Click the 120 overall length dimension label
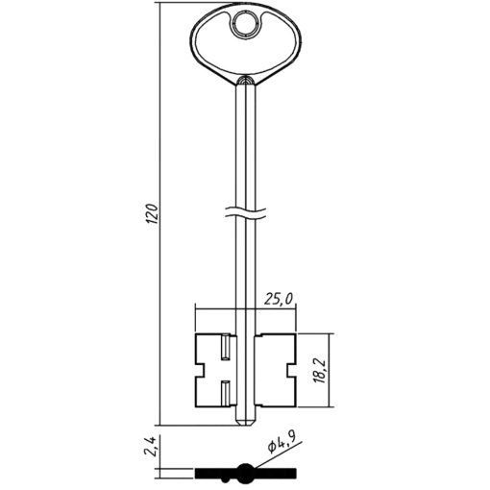coord(153,213)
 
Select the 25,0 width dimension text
coord(279,299)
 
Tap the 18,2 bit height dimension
coord(320,371)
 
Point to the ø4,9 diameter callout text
coord(282,442)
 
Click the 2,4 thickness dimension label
coord(150,446)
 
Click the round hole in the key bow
coord(245,24)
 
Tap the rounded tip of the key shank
coord(246,422)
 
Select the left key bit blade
coord(215,371)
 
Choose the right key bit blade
coord(276,371)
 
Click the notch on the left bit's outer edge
coord(200,370)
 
